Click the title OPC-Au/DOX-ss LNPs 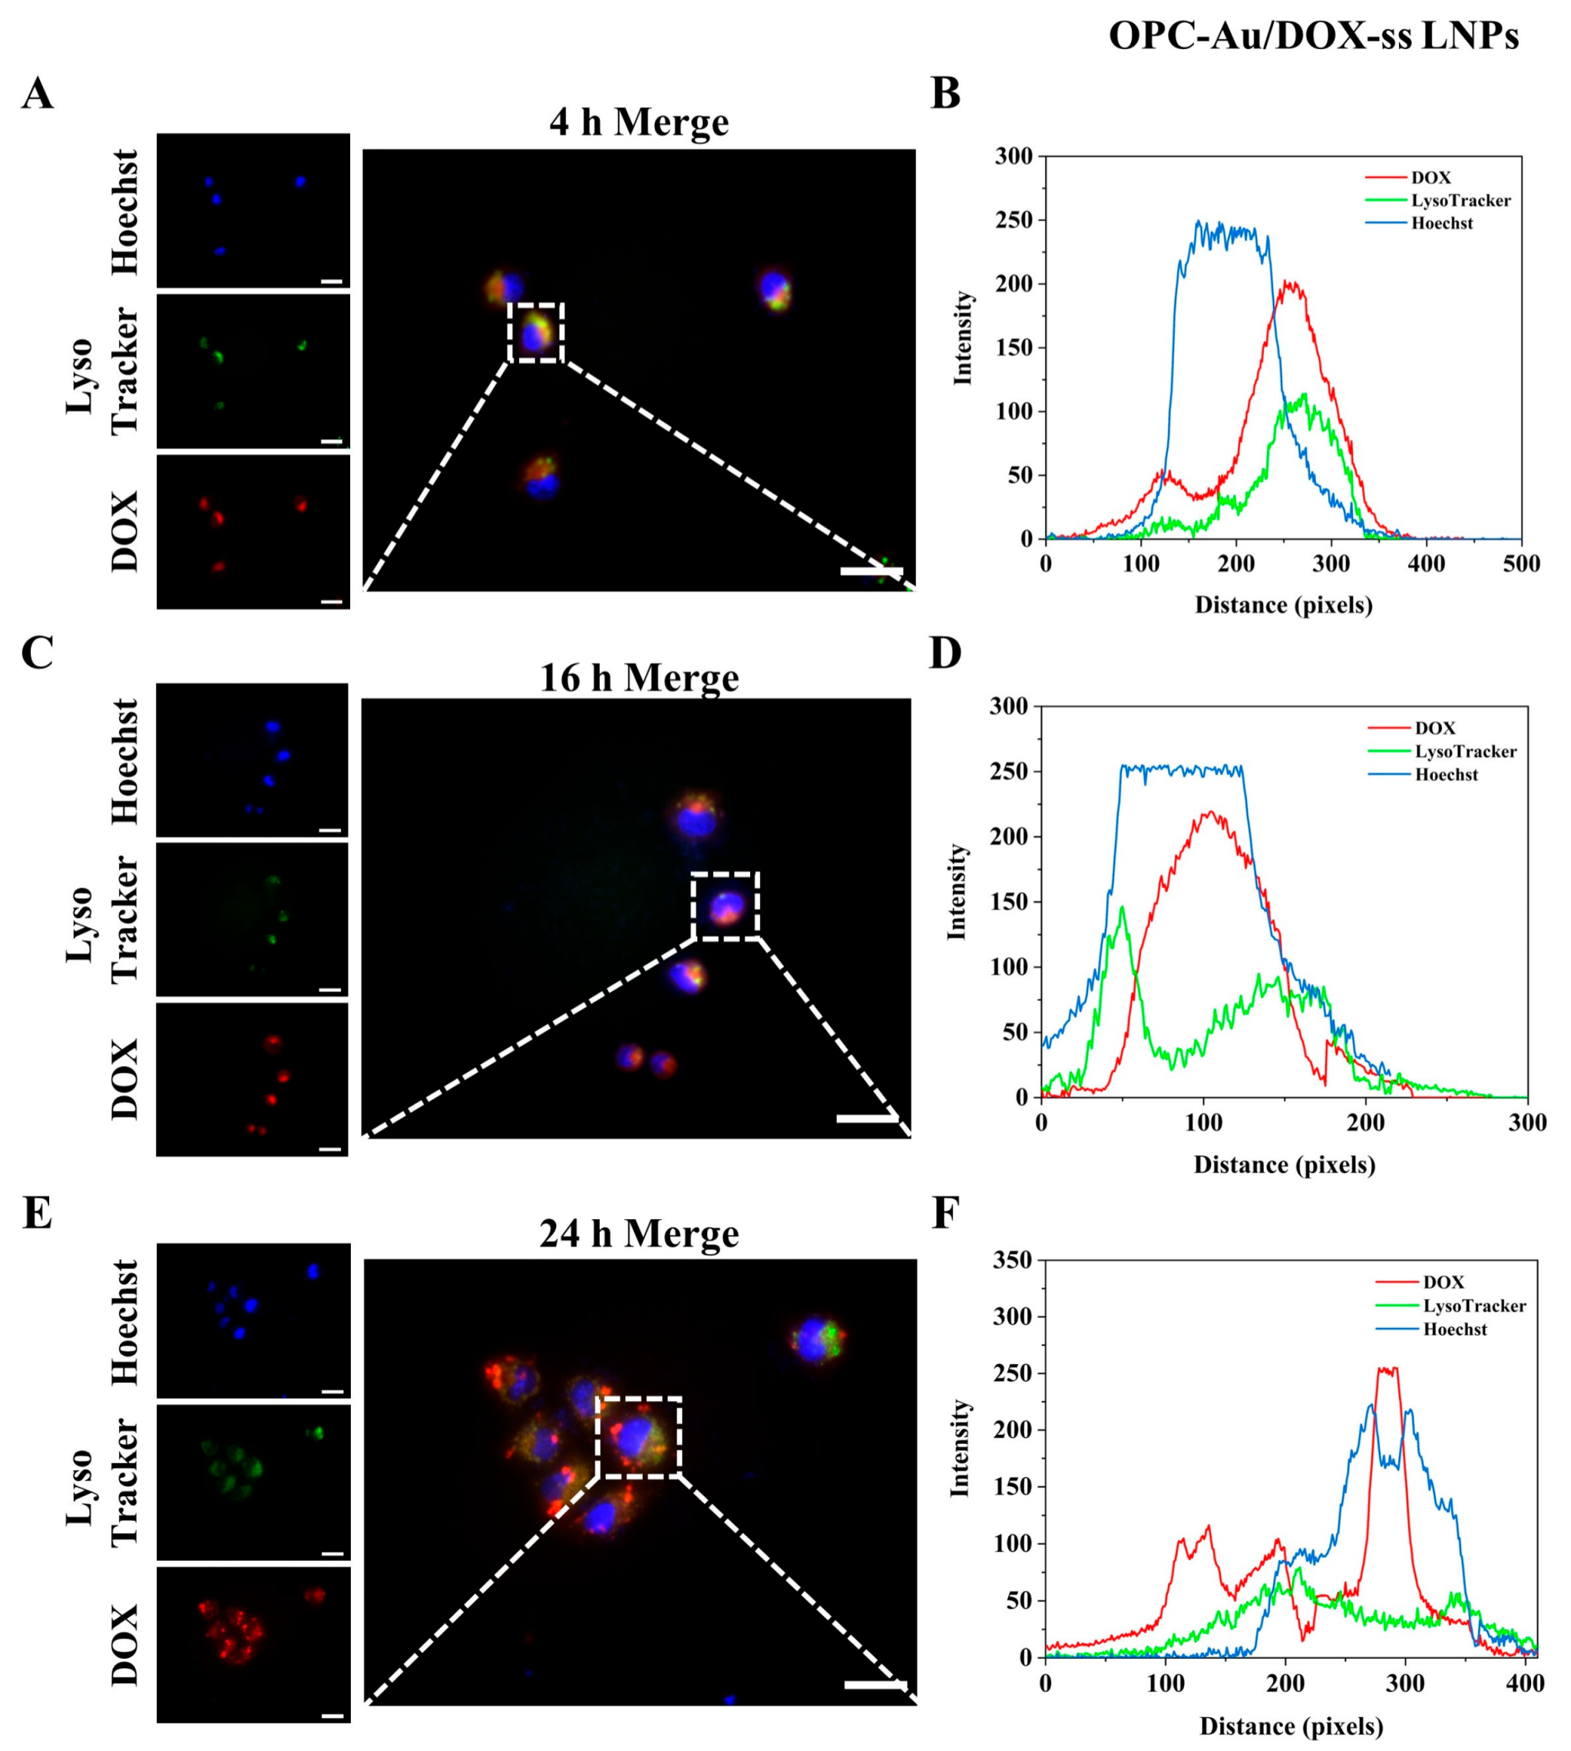[1313, 36]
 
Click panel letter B [946, 93]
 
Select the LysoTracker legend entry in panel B [1460, 200]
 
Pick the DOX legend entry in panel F [1444, 1283]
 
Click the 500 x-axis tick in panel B [1521, 564]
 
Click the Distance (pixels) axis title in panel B [1284, 605]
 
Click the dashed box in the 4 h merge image [537, 332]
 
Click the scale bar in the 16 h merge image [868, 1119]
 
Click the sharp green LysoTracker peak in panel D [1122, 908]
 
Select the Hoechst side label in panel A [126, 213]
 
